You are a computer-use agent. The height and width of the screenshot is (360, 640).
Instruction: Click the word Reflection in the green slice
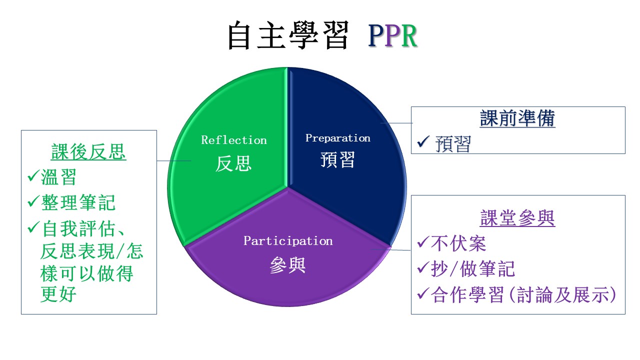pyautogui.click(x=234, y=140)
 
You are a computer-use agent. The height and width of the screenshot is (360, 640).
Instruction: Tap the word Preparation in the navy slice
pyautogui.click(x=338, y=138)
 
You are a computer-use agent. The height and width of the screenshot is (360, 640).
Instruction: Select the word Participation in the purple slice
pyautogui.click(x=288, y=241)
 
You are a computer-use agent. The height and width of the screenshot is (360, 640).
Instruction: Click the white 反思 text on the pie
pyautogui.click(x=233, y=163)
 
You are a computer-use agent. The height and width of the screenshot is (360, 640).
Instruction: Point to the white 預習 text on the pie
pyautogui.click(x=337, y=159)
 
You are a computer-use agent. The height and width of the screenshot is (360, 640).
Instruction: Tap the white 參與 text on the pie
pyautogui.click(x=287, y=265)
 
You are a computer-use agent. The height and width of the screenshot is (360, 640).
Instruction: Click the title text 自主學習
pyautogui.click(x=288, y=35)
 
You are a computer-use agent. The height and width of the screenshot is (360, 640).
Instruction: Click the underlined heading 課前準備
pyautogui.click(x=517, y=118)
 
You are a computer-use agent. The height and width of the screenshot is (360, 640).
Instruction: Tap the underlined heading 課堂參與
pyautogui.click(x=517, y=218)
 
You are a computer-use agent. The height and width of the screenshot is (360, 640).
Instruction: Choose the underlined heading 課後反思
pyautogui.click(x=88, y=151)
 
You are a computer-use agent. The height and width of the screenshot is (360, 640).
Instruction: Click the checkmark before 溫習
pyautogui.click(x=33, y=175)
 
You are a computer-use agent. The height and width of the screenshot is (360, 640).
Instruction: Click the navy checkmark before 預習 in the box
pyautogui.click(x=423, y=141)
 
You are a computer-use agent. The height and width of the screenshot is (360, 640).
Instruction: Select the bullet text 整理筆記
pyautogui.click(x=78, y=202)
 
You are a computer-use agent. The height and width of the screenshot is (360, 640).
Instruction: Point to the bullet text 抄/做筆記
pyautogui.click(x=473, y=269)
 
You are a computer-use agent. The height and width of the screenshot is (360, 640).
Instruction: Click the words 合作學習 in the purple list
pyautogui.click(x=467, y=295)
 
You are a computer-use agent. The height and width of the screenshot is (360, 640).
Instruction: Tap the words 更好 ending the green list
pyautogui.click(x=58, y=294)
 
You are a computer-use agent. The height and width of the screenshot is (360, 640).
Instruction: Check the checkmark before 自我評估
pyautogui.click(x=33, y=227)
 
